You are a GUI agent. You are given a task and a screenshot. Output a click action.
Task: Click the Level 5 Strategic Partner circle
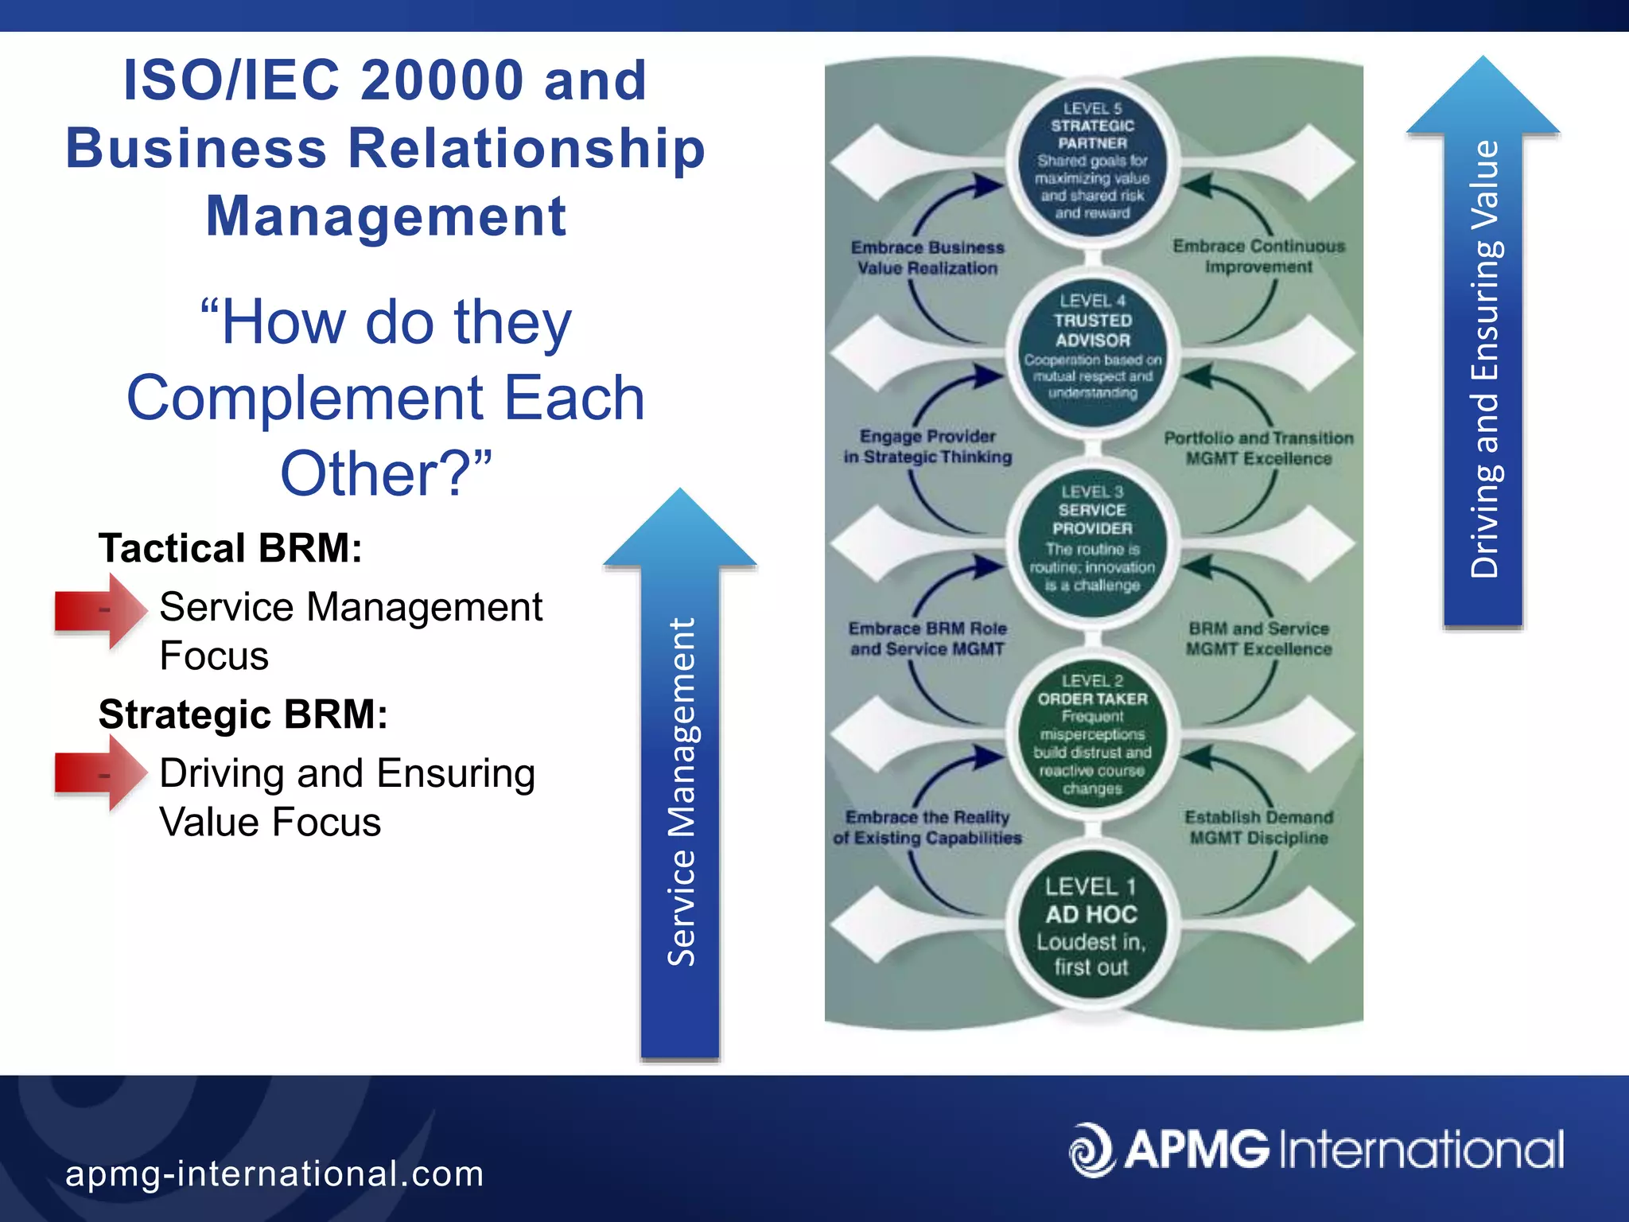[x=1092, y=161]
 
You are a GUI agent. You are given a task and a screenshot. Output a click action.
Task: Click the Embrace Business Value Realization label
[x=927, y=258]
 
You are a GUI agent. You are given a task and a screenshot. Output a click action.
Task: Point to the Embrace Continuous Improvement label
[x=1258, y=256]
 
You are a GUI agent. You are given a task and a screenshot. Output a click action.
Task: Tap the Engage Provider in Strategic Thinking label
[x=927, y=446]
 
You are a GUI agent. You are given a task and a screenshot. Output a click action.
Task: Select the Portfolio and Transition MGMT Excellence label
[x=1258, y=448]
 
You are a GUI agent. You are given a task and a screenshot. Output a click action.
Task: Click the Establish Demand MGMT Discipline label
[x=1258, y=827]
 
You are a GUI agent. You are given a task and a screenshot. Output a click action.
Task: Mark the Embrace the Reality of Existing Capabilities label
[x=927, y=827]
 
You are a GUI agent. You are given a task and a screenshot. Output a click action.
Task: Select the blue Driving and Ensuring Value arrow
[x=1483, y=358]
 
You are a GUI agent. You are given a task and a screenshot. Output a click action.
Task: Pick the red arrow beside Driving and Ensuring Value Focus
[x=100, y=773]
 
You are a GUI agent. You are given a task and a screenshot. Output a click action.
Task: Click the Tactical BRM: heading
[x=230, y=548]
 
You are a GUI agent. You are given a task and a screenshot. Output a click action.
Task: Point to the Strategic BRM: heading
[x=243, y=714]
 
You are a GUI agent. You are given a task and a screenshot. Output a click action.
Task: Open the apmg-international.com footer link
[x=274, y=1173]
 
